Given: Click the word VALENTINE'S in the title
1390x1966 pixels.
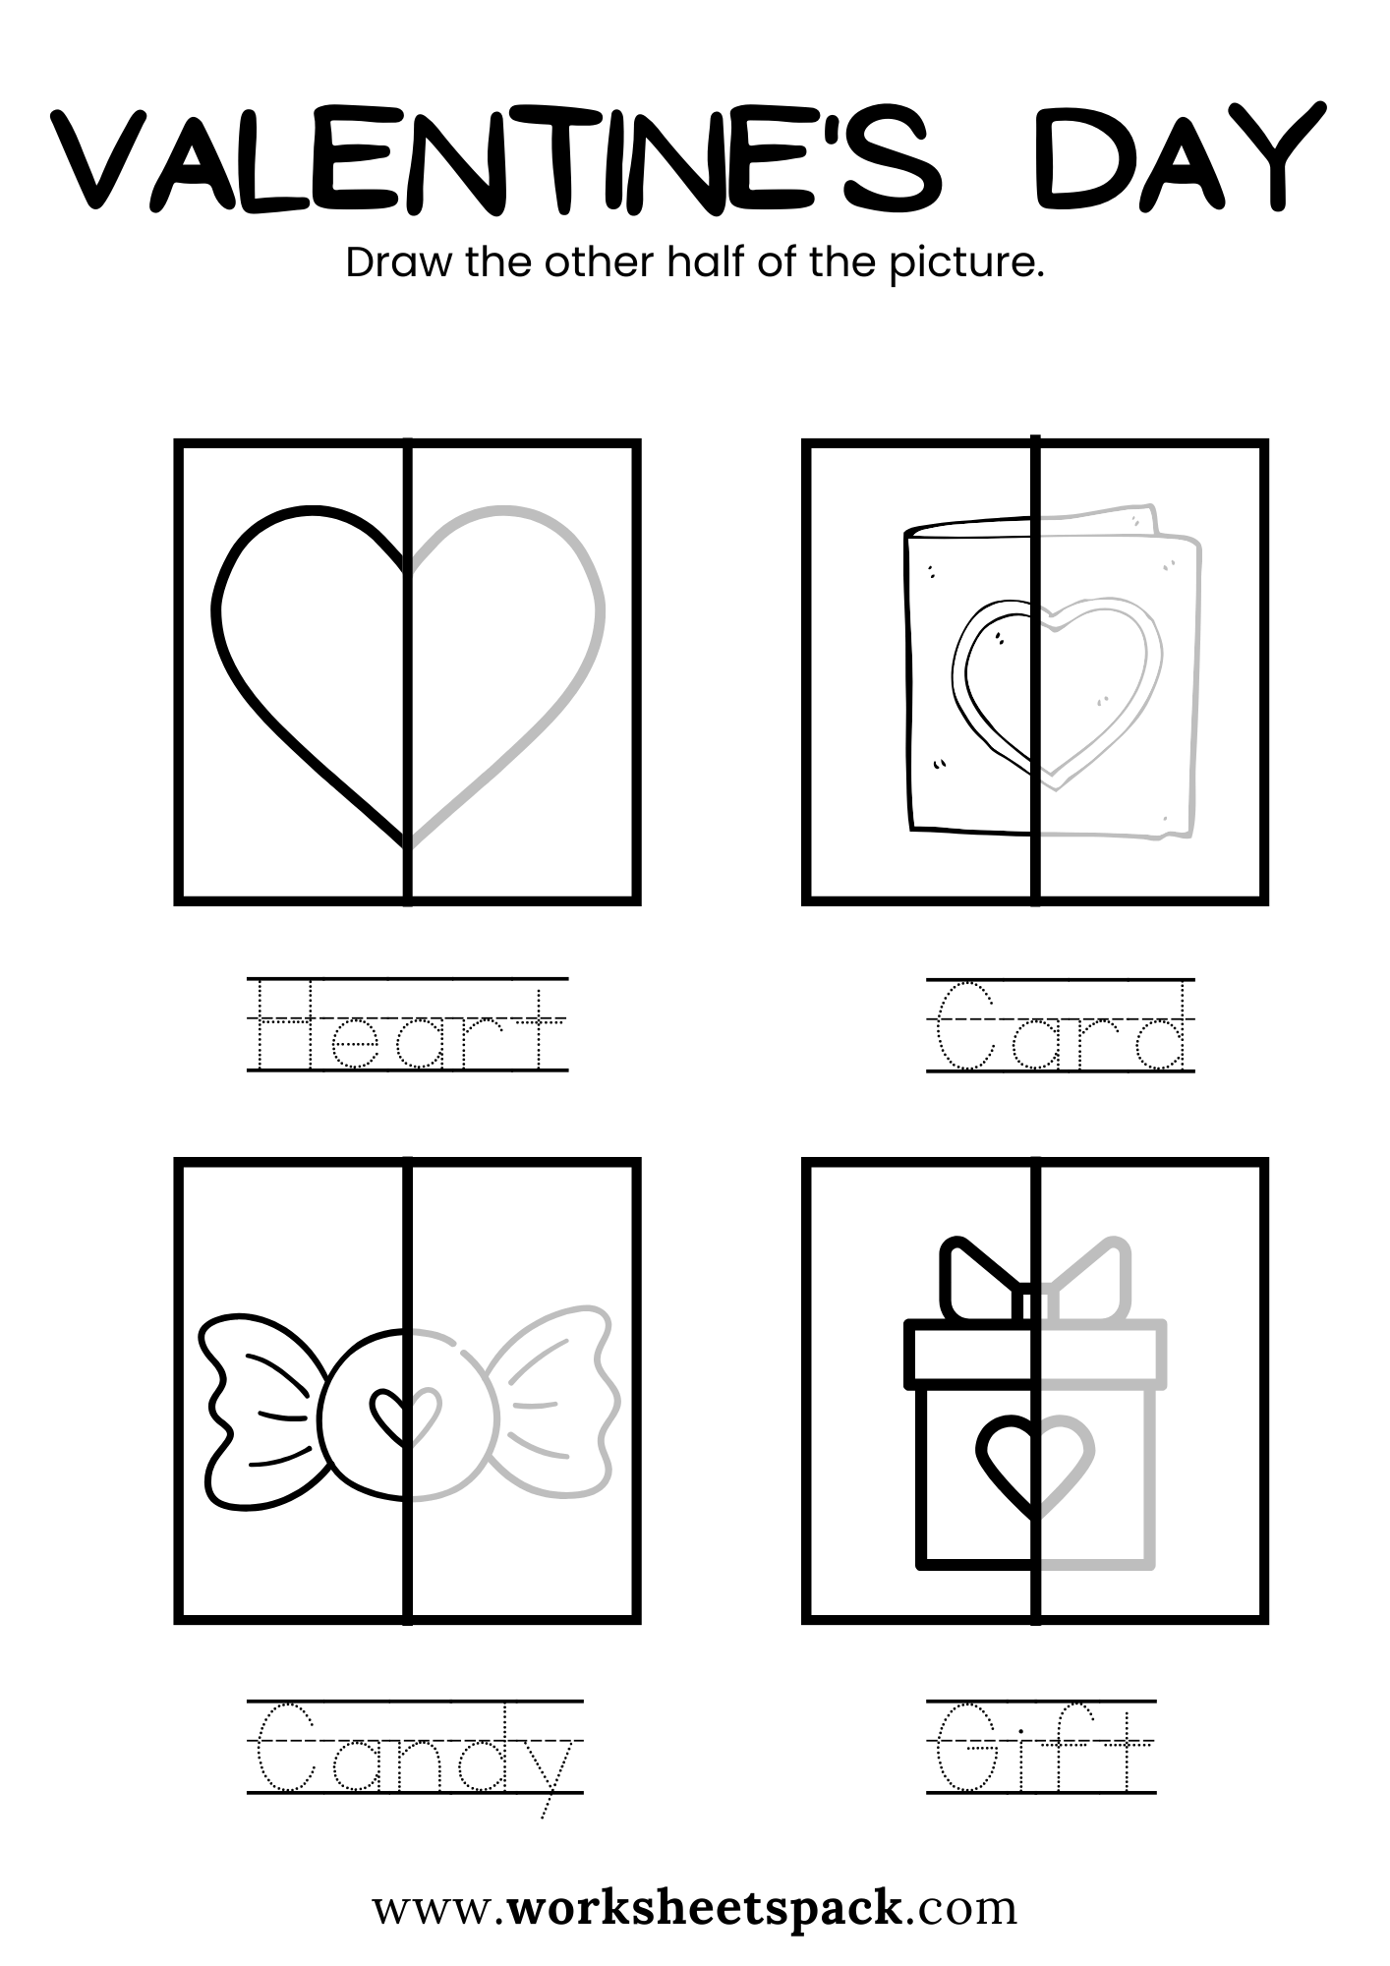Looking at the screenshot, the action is click(x=496, y=157).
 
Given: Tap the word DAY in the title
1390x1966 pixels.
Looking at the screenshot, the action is click(x=1180, y=157).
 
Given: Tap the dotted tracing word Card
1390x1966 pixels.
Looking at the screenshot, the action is click(x=1061, y=1024).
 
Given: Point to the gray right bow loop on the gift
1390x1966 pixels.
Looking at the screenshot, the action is click(x=1089, y=1277).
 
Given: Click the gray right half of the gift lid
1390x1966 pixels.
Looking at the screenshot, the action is click(x=1102, y=1354).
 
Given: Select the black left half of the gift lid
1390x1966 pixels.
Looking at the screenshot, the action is click(x=967, y=1354).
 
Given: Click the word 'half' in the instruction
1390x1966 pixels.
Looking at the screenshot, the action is click(x=707, y=262).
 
